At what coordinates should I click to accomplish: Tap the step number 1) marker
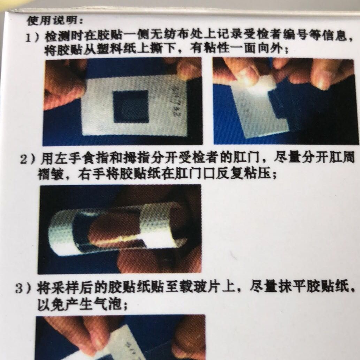(x=33, y=37)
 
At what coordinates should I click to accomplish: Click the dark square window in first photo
(x=132, y=106)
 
